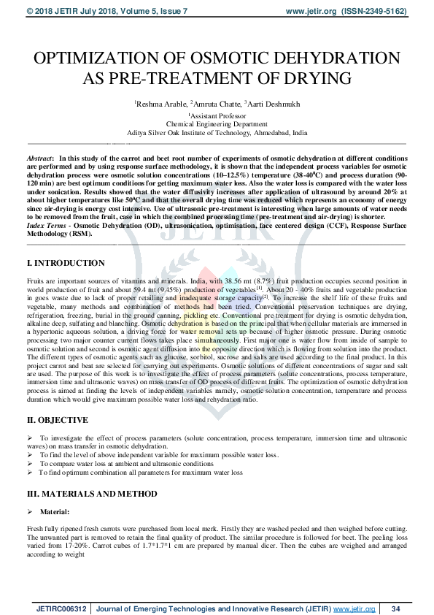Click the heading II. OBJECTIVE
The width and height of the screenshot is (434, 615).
tap(59, 420)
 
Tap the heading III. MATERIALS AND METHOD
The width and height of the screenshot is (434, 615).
tap(92, 494)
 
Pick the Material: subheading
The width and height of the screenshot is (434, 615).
tap(55, 512)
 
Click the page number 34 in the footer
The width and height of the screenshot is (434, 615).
tap(396, 608)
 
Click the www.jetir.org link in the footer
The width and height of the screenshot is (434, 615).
tap(355, 608)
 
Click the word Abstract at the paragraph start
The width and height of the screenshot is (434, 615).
tap(39, 158)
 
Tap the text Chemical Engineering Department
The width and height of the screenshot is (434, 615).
tap(217, 124)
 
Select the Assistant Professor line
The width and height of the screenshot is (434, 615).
tap(217, 115)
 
